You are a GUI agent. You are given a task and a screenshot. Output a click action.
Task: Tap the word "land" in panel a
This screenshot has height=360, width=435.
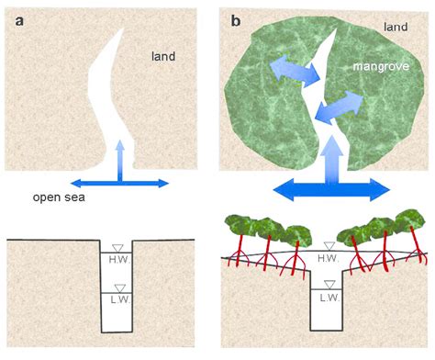point(163,57)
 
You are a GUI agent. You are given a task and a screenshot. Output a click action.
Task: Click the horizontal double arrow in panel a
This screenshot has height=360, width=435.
point(119,183)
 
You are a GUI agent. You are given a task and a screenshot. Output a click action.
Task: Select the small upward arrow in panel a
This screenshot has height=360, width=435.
point(119,158)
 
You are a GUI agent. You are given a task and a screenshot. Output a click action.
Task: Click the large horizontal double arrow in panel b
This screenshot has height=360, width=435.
point(332,189)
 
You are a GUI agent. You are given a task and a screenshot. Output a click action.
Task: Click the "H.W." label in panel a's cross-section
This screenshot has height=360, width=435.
point(117,261)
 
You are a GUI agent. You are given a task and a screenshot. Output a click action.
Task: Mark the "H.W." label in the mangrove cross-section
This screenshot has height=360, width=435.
point(328,259)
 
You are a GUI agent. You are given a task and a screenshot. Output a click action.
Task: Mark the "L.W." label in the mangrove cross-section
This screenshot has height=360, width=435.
point(329,298)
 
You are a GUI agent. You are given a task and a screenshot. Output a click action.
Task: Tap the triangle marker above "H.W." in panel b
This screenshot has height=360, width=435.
point(328,246)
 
